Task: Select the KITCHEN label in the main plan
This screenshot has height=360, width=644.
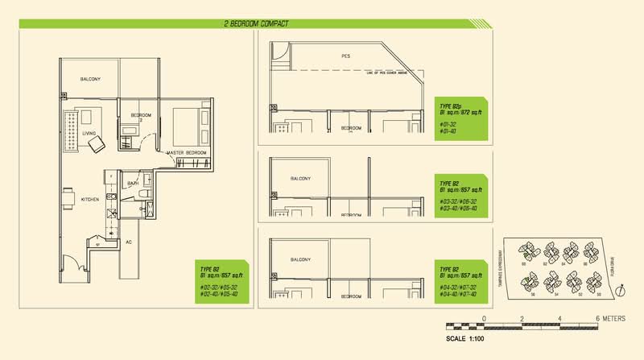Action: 89,198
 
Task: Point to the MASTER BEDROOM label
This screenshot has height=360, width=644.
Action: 187,152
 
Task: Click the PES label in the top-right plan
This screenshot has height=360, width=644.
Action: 345,56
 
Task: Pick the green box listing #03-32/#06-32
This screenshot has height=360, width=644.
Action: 460,193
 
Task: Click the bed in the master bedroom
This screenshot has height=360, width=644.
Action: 189,127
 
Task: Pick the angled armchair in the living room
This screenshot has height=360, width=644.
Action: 96,143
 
